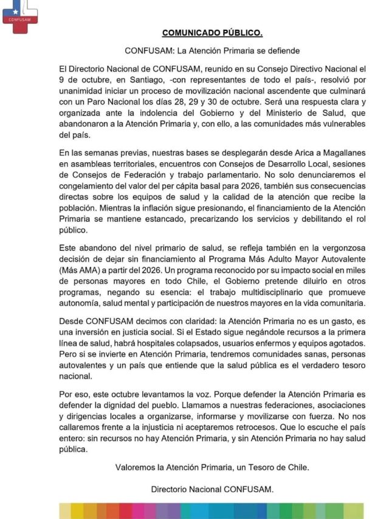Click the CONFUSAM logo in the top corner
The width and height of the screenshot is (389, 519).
point(20,12)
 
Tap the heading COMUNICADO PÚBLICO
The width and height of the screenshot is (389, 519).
point(212,32)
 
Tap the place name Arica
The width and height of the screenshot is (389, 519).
point(295,154)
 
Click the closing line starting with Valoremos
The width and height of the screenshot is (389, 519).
point(212,467)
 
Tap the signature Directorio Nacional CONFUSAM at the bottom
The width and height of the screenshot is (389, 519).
point(212,489)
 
